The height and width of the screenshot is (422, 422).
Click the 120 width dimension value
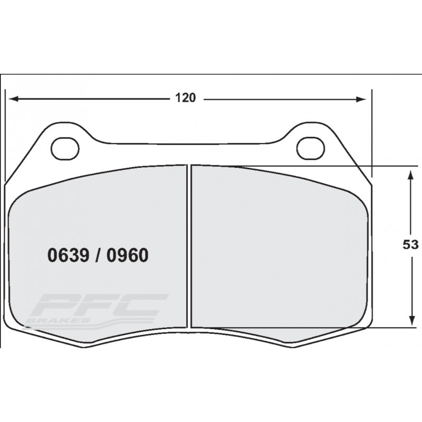click(185, 98)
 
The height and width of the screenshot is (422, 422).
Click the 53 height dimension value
click(410, 245)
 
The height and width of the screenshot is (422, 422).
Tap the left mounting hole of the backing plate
click(65, 149)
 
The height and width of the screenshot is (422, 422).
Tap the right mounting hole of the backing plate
click(311, 149)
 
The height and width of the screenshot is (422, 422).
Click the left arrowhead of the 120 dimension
click(14, 99)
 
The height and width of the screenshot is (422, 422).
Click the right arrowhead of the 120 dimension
click(361, 99)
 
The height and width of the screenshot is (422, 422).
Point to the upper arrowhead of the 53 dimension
click(410, 175)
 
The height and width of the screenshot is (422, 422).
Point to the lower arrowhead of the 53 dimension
click(410, 321)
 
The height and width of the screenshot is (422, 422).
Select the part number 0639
click(68, 255)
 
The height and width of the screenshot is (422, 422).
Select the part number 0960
click(127, 255)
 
